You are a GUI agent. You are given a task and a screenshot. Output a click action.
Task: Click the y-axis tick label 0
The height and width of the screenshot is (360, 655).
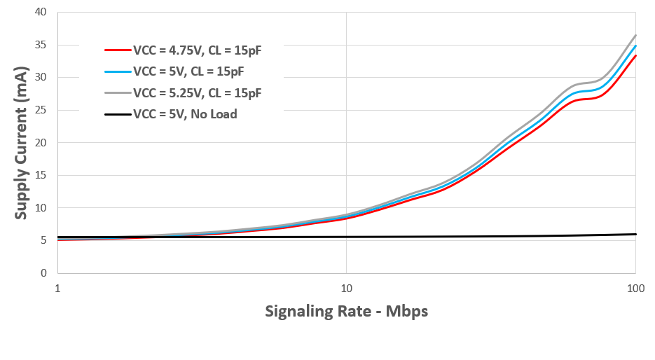[43, 273]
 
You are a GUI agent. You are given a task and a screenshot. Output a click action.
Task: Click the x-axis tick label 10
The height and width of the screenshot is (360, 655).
[346, 288]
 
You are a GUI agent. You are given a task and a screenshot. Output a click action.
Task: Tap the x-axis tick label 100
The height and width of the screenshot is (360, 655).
[635, 288]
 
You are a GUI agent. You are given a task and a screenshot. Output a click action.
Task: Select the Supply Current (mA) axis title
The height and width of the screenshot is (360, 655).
[21, 143]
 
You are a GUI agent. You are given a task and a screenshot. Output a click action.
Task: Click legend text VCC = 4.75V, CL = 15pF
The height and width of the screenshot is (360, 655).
[197, 50]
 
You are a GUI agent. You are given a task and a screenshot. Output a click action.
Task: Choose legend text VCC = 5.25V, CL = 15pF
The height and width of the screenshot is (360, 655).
[197, 92]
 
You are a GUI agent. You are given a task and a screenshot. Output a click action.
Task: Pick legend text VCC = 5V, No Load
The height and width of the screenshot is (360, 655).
[185, 113]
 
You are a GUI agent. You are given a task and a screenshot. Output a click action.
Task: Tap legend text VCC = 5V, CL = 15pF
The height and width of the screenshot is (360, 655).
[188, 71]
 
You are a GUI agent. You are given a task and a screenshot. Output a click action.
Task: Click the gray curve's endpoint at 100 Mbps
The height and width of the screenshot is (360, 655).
[635, 35]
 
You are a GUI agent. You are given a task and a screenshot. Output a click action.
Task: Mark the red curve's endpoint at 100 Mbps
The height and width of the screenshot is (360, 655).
[635, 55]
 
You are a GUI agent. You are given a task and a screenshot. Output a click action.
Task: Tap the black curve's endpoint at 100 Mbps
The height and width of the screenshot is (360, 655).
[635, 234]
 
